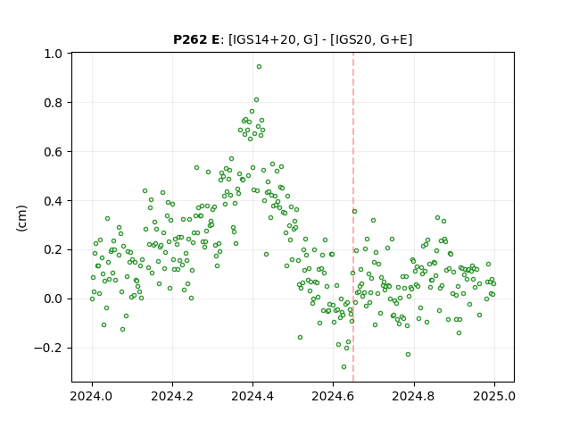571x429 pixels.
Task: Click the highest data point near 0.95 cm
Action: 259,67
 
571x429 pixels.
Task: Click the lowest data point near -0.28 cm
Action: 343,367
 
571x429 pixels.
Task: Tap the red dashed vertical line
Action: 353,217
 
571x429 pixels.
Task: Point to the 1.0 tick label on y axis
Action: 54,54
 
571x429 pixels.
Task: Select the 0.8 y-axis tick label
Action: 54,103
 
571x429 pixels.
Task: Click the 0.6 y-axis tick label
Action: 54,152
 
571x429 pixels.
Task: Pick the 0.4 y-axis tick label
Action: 54,201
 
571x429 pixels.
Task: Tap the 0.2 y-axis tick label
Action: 54,250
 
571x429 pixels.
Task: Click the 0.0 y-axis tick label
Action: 54,299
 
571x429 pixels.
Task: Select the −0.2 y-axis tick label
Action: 48,348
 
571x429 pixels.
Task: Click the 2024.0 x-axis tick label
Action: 92,396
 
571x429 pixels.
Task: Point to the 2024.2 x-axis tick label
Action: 172,396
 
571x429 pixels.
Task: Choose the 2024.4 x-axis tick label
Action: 252,396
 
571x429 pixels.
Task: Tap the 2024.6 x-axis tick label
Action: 333,396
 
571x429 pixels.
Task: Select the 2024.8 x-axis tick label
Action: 414,396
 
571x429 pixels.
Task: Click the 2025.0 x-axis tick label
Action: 494,396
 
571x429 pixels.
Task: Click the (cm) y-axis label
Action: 21,218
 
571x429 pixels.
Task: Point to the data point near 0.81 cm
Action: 256,99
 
